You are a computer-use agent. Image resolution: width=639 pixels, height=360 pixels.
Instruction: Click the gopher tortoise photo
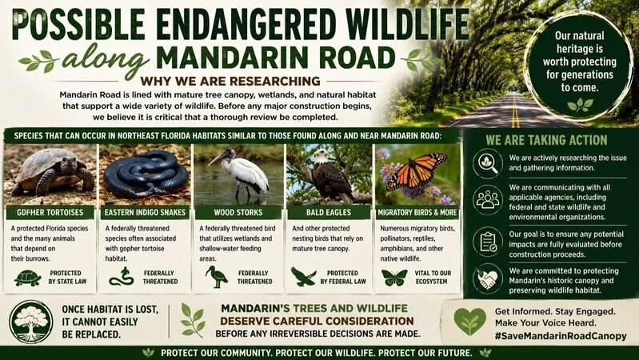click(x=50, y=174)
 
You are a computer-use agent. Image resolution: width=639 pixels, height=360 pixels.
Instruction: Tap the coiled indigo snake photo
click(x=145, y=174)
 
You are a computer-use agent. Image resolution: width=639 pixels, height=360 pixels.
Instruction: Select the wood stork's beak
click(x=215, y=159)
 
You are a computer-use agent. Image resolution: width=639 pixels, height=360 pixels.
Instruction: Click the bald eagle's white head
click(x=322, y=156)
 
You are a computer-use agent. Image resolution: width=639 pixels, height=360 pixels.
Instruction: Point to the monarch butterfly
click(x=416, y=171)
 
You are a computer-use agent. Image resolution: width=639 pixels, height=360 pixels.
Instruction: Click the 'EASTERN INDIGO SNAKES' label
click(x=145, y=213)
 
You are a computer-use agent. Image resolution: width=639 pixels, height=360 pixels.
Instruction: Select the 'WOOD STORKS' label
click(x=238, y=213)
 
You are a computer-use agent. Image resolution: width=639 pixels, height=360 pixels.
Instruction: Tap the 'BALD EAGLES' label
click(x=329, y=213)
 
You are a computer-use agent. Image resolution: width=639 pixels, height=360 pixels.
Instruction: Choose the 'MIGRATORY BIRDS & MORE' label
click(x=417, y=213)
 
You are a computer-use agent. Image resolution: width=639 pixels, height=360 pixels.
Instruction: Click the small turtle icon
click(x=28, y=278)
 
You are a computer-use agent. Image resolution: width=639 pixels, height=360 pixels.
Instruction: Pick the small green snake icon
click(x=122, y=277)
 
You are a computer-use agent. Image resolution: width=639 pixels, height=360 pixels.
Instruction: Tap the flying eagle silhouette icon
click(x=303, y=277)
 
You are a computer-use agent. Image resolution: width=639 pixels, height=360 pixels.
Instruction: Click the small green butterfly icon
click(x=394, y=278)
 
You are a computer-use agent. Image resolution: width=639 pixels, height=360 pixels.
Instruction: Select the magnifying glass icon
click(x=488, y=163)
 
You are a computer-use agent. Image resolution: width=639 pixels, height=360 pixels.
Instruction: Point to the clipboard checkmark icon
click(x=488, y=242)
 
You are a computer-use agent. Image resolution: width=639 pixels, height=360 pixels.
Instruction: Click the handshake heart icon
click(x=488, y=279)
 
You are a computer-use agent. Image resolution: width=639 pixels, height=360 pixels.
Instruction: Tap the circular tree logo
click(x=31, y=322)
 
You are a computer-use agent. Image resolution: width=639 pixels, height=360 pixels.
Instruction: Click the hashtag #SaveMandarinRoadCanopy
click(x=561, y=336)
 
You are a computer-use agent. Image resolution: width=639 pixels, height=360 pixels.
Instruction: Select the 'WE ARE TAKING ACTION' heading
click(x=546, y=140)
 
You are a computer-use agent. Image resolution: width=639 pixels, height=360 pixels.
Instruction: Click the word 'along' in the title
click(x=106, y=60)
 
